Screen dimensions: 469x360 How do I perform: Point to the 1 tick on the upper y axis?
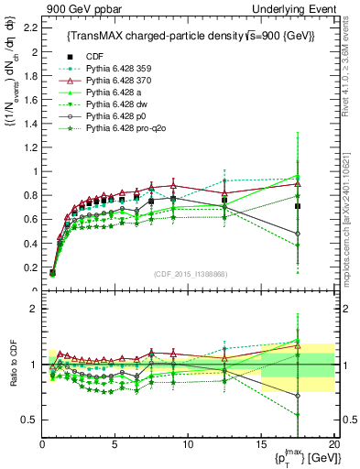[36, 171]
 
